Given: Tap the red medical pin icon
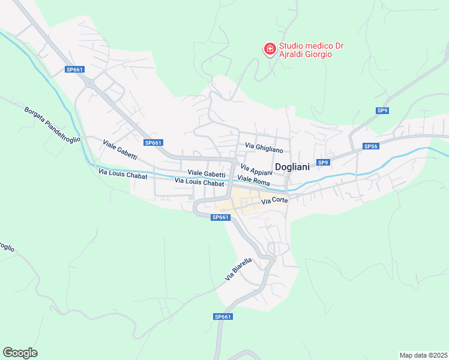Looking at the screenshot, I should pyautogui.click(x=270, y=48).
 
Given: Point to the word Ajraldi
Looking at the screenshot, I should pyautogui.click(x=292, y=55).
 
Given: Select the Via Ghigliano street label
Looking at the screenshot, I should pyautogui.click(x=264, y=147).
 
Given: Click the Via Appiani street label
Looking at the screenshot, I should pyautogui.click(x=256, y=170).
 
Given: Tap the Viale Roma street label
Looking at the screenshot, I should pyautogui.click(x=253, y=180).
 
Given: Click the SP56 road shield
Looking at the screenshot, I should pyautogui.click(x=371, y=146).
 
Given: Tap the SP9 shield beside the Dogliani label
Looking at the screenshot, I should pyautogui.click(x=323, y=163).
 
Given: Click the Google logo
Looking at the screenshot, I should pyautogui.click(x=20, y=353).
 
